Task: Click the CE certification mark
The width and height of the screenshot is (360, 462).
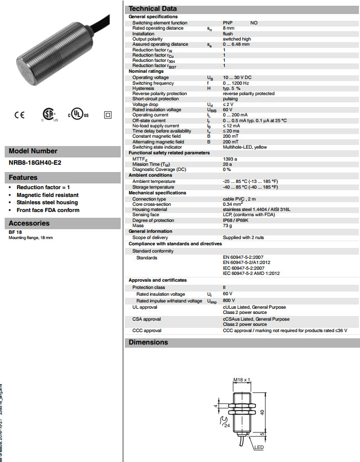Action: click(x=19, y=115)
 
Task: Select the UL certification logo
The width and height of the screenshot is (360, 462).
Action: click(x=79, y=115)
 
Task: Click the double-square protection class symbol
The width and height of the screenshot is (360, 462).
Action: click(x=108, y=115)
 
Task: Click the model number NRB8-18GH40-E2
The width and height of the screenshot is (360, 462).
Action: click(x=35, y=163)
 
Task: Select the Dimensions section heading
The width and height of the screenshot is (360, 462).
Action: click(x=148, y=342)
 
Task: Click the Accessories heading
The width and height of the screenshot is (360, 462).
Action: click(x=29, y=223)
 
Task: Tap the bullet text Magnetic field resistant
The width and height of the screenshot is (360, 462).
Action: click(x=47, y=195)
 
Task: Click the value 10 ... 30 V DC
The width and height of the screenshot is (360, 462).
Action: click(x=238, y=77)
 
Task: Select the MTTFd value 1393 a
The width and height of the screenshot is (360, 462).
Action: click(x=230, y=159)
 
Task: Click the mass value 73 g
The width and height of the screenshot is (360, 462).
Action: click(x=228, y=226)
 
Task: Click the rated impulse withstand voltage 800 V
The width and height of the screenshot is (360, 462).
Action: click(x=228, y=301)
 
